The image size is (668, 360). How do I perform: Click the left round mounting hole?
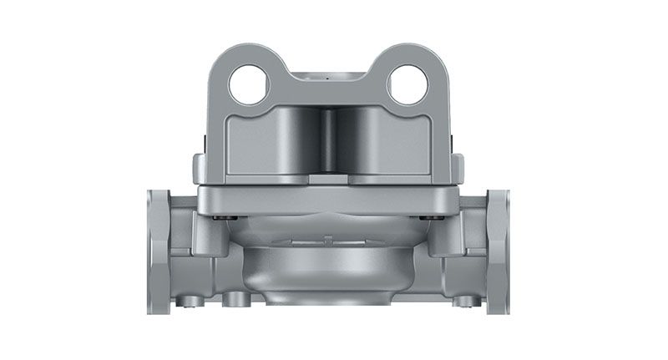250,85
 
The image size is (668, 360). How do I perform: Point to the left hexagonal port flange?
159,250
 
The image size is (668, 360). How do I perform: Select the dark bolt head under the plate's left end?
220,219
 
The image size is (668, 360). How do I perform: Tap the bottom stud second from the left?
230,298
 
